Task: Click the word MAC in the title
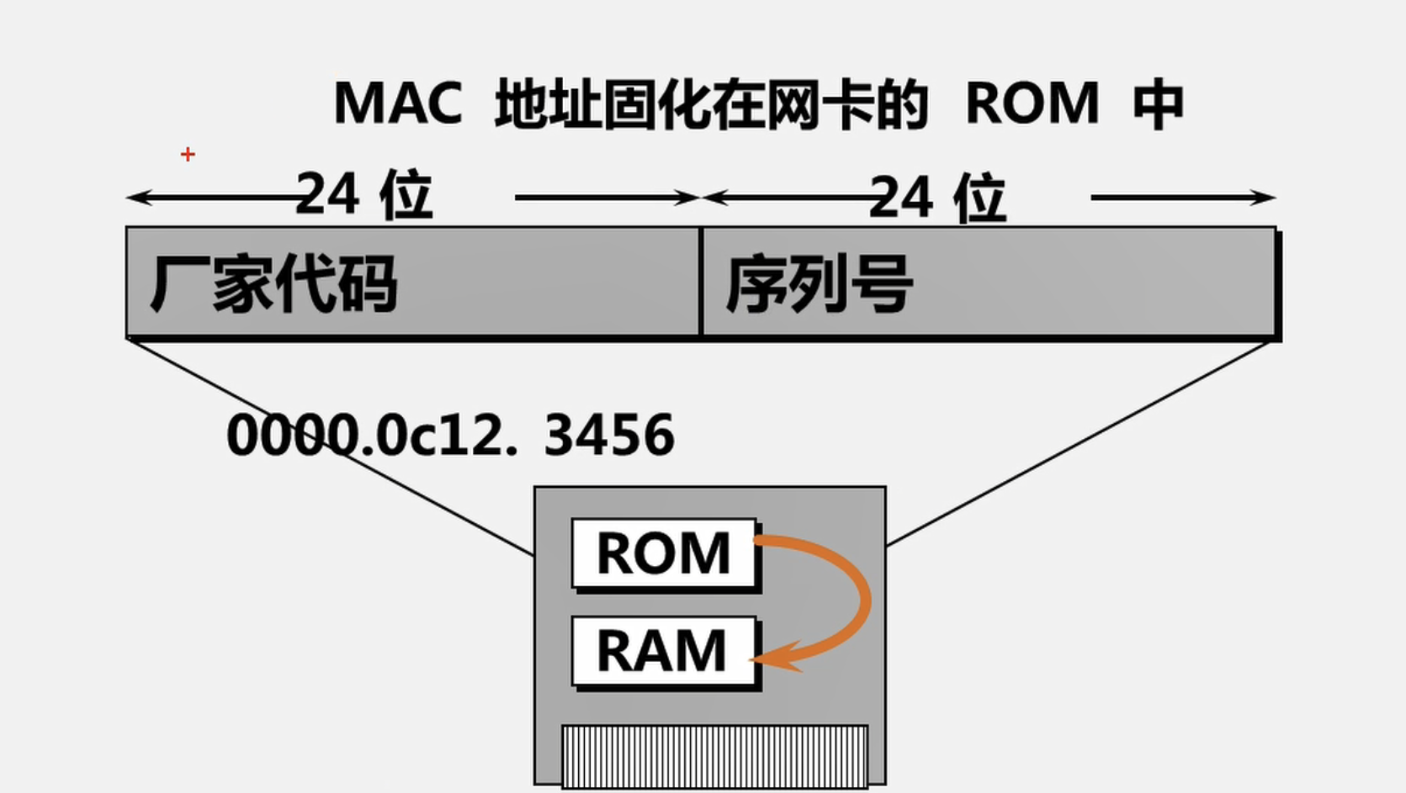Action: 398,103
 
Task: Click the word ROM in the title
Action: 1032,103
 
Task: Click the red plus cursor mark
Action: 188,154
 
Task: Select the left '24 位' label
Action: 364,195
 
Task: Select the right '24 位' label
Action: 937,198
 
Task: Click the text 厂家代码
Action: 273,284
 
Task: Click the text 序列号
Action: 819,284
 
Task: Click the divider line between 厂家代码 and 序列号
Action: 700,282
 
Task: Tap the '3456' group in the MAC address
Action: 609,436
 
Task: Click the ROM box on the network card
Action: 664,553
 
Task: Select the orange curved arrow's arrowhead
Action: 774,658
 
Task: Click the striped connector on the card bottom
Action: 714,756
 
